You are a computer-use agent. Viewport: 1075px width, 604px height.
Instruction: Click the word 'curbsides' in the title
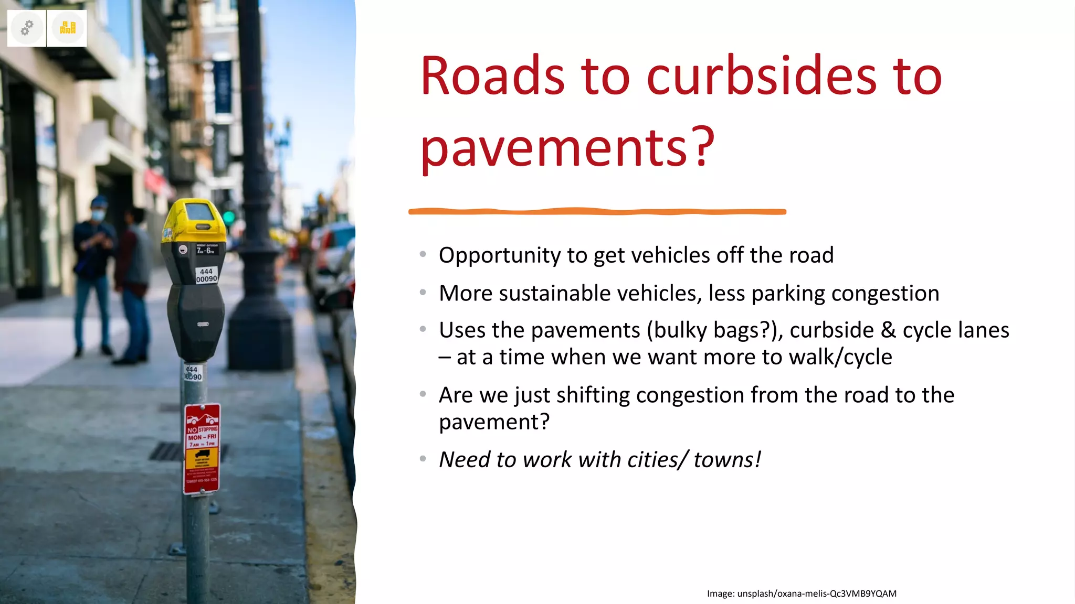point(762,77)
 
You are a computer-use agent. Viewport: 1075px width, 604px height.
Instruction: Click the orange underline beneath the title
point(597,211)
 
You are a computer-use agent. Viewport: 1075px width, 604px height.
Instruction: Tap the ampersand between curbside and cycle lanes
point(888,330)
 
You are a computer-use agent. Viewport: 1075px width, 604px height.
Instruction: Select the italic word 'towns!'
point(727,460)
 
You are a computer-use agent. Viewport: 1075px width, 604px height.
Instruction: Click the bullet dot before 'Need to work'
point(423,459)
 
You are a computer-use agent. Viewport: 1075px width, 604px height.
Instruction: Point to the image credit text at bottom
point(802,594)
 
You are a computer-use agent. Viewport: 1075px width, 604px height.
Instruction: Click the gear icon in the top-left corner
point(27,28)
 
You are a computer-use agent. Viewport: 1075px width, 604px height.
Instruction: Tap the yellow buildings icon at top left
point(68,28)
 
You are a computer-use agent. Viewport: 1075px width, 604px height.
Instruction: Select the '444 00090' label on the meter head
point(206,275)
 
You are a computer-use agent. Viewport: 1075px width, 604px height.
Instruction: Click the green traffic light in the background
point(229,217)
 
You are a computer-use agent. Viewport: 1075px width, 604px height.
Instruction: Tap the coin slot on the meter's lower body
point(203,325)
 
